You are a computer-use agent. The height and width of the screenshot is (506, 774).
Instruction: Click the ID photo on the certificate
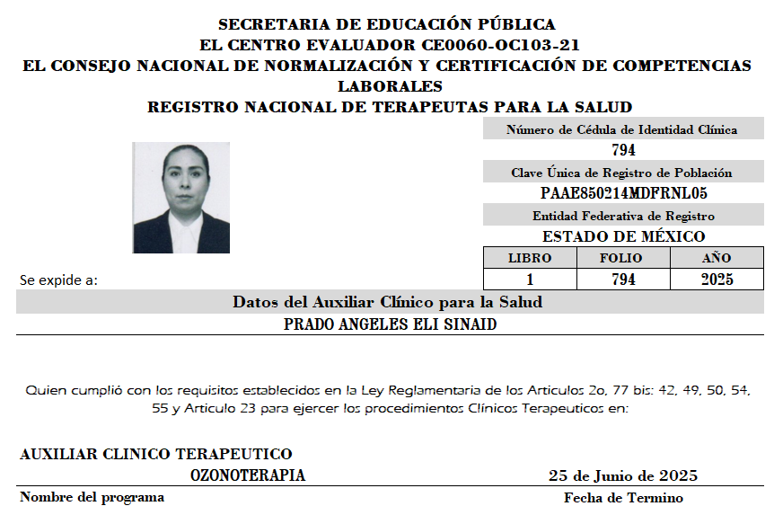(180, 198)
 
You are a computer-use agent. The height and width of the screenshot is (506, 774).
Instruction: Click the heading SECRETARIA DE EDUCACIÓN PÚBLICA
(387, 25)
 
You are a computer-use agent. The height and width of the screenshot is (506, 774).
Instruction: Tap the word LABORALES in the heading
(390, 86)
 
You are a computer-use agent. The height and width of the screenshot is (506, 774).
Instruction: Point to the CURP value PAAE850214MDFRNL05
(623, 193)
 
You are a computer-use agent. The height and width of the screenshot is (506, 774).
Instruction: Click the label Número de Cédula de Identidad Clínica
(622, 129)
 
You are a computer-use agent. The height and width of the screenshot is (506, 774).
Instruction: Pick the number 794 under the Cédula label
(623, 150)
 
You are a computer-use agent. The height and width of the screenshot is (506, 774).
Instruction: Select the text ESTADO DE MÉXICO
(623, 236)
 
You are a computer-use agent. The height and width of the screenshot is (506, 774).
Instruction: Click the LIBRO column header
(530, 258)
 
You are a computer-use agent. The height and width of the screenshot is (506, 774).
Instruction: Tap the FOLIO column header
(621, 258)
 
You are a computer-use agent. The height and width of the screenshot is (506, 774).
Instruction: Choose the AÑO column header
(717, 258)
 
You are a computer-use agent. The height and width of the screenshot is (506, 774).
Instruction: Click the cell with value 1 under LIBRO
(530, 280)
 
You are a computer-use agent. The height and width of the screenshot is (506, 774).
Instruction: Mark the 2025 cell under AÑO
(717, 280)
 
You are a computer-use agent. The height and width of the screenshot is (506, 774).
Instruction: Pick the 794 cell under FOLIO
(622, 280)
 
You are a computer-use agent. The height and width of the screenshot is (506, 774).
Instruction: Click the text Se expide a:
(58, 280)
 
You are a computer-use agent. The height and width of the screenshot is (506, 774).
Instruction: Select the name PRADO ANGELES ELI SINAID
(390, 324)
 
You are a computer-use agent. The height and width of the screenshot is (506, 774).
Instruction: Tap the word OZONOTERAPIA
(248, 475)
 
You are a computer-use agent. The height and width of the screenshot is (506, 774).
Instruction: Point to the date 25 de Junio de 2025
(623, 475)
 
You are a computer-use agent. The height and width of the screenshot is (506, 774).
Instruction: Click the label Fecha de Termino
(623, 498)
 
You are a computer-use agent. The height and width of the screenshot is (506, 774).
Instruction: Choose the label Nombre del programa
(92, 497)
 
